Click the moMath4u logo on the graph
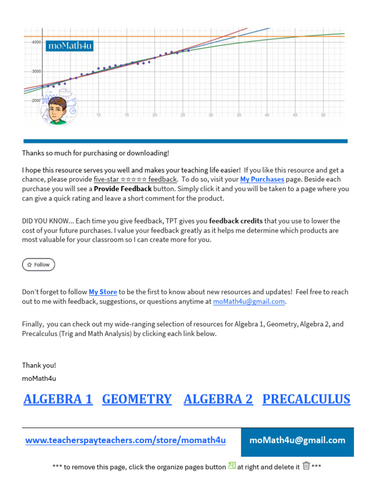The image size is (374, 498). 69,46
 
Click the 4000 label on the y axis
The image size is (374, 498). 36,43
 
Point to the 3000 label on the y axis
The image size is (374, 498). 36,71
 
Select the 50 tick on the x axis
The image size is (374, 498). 322,115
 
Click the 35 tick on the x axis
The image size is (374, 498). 239,115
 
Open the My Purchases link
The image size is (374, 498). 262,179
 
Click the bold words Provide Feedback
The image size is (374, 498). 123,189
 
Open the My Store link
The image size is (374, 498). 103,292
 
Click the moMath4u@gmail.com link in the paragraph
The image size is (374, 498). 249,302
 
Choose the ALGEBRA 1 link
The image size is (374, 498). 58,399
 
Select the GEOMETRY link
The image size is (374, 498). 137,399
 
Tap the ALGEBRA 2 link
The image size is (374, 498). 218,399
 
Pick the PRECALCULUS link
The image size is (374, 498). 306,399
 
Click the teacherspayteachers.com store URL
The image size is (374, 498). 126,441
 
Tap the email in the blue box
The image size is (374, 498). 297,441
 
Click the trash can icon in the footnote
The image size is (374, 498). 306,466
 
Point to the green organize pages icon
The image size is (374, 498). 232,466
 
